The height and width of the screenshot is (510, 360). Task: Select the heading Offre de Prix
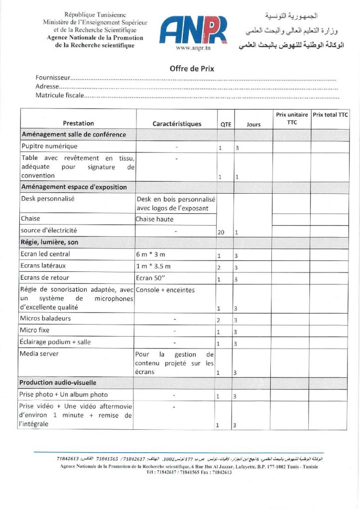click(x=192, y=69)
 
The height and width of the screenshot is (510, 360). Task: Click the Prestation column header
click(x=78, y=124)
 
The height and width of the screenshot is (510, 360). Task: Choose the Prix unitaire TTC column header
click(x=292, y=118)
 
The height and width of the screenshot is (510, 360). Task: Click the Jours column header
click(x=253, y=124)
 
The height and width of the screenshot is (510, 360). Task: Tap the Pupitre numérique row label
click(x=49, y=146)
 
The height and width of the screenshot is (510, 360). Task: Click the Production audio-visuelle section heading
click(x=57, y=382)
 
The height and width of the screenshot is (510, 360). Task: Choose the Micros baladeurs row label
click(x=45, y=318)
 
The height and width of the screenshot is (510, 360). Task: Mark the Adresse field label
click(x=47, y=86)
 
